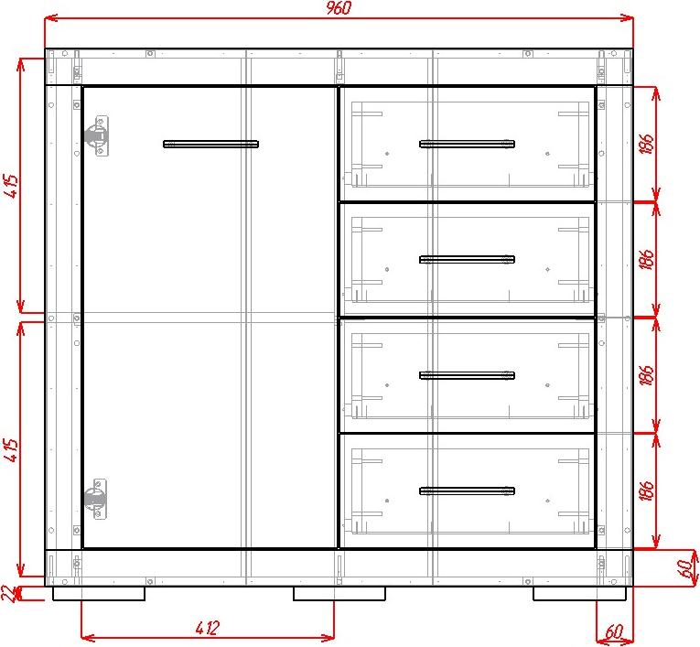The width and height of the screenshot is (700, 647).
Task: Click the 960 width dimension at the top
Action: tap(339, 8)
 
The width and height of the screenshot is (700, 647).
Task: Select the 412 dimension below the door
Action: tap(208, 629)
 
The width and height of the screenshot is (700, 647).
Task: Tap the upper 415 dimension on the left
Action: tap(12, 186)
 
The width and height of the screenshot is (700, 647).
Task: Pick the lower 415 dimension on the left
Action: tap(12, 449)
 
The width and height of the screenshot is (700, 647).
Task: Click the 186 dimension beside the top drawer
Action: tap(647, 144)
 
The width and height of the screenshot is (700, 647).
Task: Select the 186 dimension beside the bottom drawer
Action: tap(647, 490)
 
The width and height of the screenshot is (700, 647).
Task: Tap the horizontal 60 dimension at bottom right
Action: tap(614, 631)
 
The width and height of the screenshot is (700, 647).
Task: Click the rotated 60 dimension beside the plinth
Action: tap(687, 568)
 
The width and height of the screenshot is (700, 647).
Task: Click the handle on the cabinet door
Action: tap(210, 144)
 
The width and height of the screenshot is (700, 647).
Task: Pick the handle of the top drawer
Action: tap(467, 144)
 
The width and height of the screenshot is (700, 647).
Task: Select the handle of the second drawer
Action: tap(467, 259)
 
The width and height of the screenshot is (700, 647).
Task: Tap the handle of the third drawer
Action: tap(467, 375)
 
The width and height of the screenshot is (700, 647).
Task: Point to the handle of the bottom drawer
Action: tap(467, 491)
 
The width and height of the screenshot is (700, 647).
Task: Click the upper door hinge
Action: tap(97, 135)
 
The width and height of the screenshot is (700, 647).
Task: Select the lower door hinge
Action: tap(96, 499)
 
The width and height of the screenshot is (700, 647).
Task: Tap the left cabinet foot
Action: tap(99, 593)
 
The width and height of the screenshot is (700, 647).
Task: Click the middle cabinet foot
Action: tap(339, 593)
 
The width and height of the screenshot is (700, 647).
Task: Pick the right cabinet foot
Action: tap(579, 593)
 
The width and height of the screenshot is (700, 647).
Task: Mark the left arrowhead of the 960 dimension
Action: tap(46, 18)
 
